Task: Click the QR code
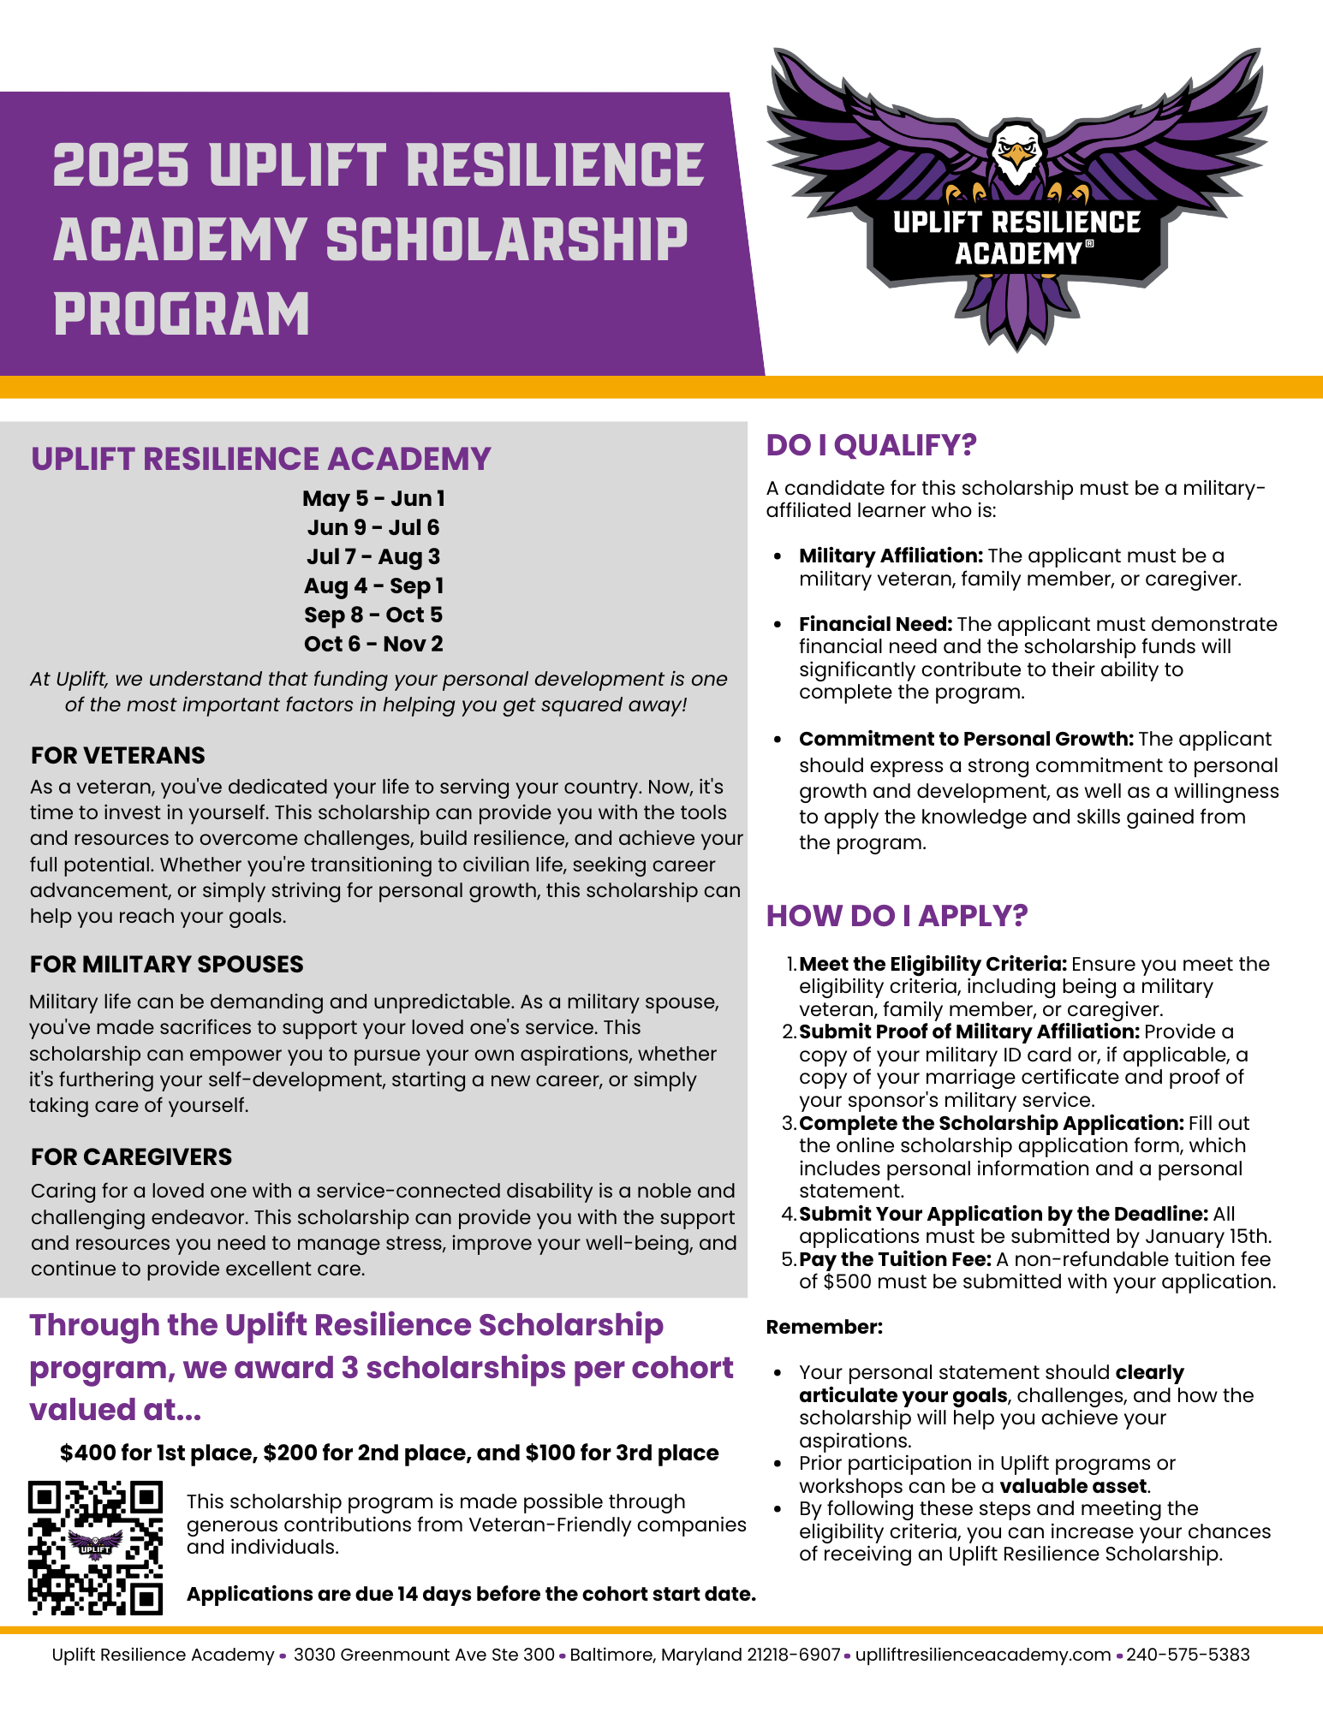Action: click(x=95, y=1547)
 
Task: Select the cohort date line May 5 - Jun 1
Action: click(x=373, y=498)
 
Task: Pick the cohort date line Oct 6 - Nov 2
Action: click(x=373, y=644)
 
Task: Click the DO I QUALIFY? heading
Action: click(x=871, y=445)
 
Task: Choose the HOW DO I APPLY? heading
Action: click(x=897, y=916)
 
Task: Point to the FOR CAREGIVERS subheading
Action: click(x=131, y=1156)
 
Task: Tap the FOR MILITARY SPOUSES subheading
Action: click(x=166, y=964)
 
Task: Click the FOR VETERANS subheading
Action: click(x=118, y=755)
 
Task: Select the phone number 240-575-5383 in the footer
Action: click(x=1188, y=1655)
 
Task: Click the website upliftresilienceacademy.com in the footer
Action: click(x=983, y=1655)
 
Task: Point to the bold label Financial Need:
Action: click(x=875, y=624)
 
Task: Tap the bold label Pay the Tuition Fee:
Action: click(x=895, y=1259)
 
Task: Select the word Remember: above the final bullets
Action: click(x=824, y=1327)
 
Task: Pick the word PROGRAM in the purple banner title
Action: click(x=182, y=314)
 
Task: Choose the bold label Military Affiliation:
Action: click(x=891, y=556)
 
